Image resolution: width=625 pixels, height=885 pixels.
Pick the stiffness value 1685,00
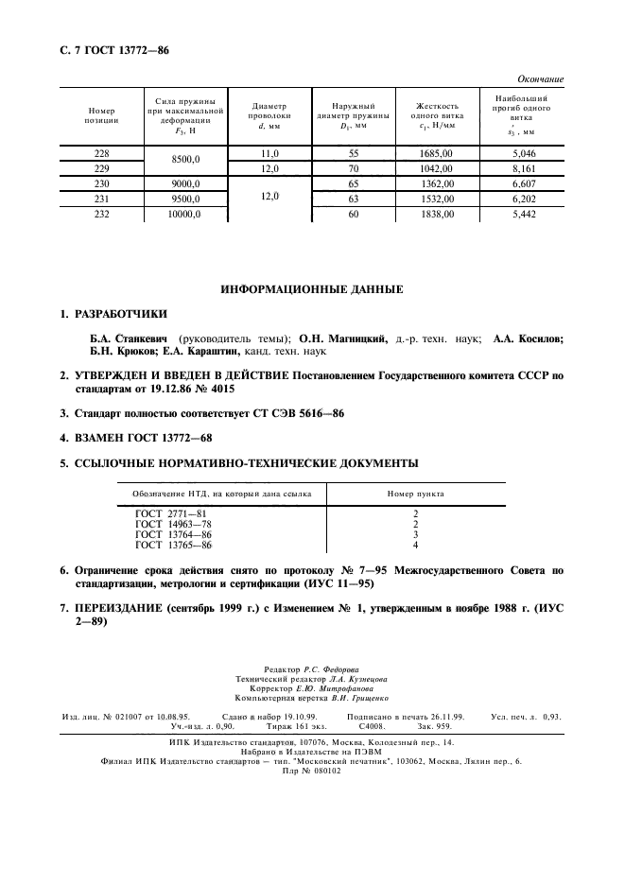click(436, 152)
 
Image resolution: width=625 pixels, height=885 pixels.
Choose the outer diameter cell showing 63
click(354, 200)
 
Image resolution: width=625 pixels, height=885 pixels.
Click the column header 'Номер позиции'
click(101, 114)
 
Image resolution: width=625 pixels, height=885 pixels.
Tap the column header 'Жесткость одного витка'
click(436, 114)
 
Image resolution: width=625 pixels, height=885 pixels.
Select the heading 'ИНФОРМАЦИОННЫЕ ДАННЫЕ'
click(311, 288)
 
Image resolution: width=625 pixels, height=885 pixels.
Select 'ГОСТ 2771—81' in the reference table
click(170, 513)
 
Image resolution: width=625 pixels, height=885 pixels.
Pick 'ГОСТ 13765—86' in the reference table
click(173, 545)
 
